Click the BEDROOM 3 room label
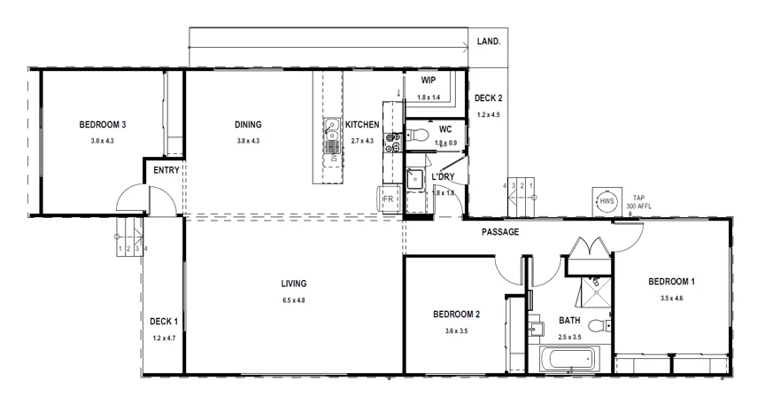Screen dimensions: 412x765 click(x=102, y=125)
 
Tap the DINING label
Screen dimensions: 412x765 click(x=248, y=125)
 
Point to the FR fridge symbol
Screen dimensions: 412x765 click(x=388, y=200)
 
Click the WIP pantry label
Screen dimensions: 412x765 click(x=428, y=80)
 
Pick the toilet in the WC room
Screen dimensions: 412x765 click(x=421, y=136)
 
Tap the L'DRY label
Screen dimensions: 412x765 click(x=443, y=176)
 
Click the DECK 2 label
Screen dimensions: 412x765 click(x=488, y=98)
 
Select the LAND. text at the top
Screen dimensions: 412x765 click(x=489, y=42)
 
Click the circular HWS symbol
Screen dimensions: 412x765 click(x=607, y=201)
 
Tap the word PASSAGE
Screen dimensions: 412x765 click(x=500, y=232)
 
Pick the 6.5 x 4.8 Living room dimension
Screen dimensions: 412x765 click(x=294, y=300)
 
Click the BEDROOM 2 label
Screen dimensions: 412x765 click(x=456, y=315)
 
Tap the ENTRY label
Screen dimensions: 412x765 click(x=166, y=171)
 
